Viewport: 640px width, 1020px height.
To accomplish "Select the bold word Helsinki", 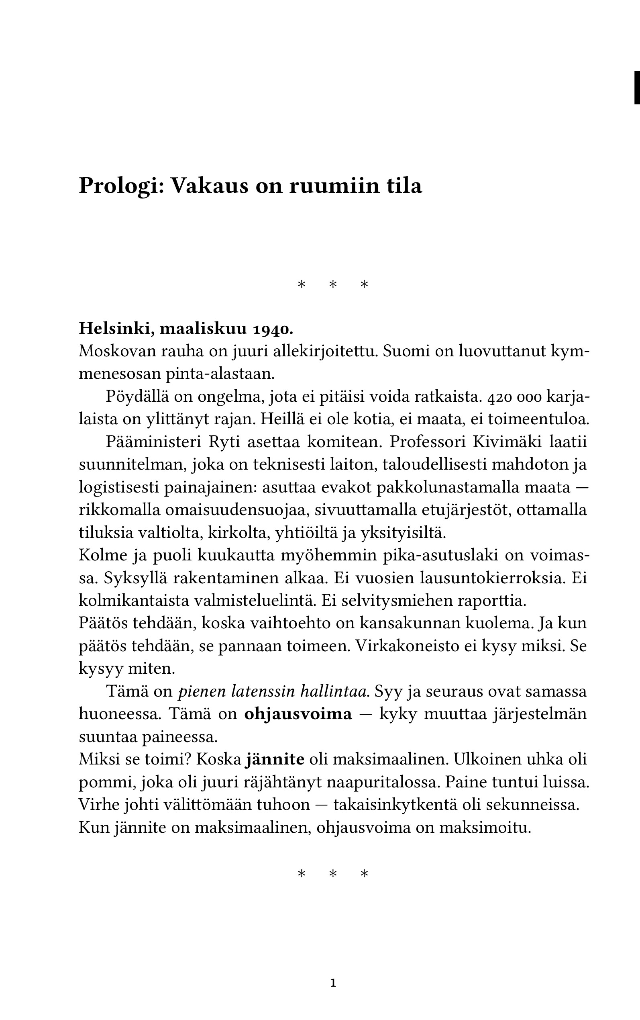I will [x=114, y=329].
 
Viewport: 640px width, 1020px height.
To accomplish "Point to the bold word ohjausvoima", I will [x=298, y=714].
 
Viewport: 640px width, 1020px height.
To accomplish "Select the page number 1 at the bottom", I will [x=333, y=983].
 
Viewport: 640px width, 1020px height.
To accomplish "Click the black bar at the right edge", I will [x=637, y=88].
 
